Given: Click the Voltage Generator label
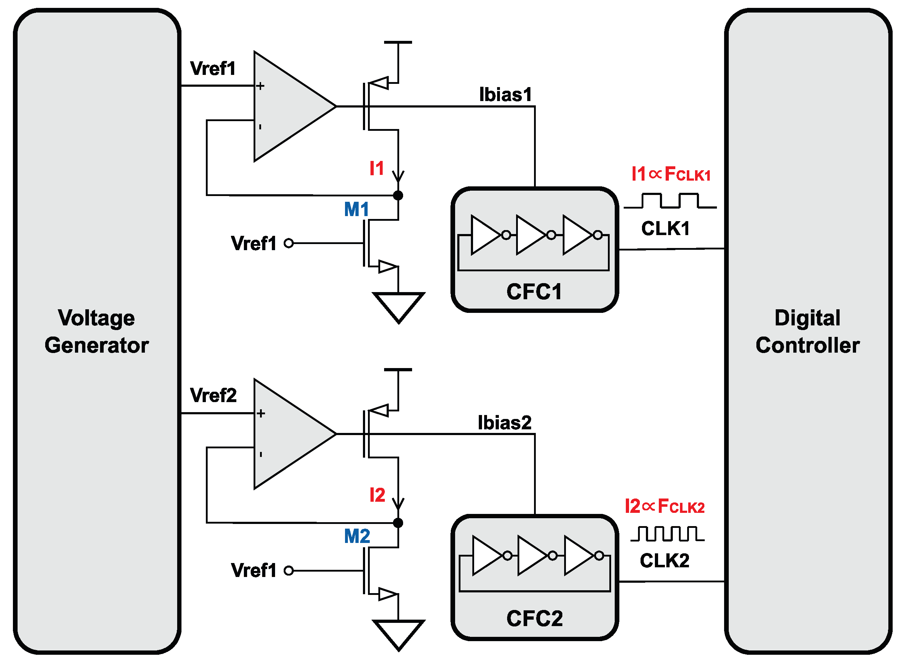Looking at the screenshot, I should (96, 331).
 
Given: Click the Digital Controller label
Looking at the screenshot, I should (807, 331).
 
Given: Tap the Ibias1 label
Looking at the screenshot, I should (505, 95).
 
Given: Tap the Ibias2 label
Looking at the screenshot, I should (504, 423).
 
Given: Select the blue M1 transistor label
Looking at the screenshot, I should (356, 210).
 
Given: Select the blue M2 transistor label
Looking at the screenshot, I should (357, 536).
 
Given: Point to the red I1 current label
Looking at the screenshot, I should (377, 168).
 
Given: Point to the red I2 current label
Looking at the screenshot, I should (377, 495).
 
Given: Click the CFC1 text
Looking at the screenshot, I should (534, 292).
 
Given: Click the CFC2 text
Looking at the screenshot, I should (534, 619).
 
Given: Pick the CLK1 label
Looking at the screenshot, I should (665, 229).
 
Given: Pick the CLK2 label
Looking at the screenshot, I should (665, 561).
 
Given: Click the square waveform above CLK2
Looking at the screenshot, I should (667, 534).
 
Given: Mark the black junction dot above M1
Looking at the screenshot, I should (398, 195).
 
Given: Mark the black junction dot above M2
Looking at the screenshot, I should (398, 523).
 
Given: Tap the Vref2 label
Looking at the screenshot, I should (213, 396).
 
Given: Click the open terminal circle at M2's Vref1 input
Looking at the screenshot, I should (289, 571).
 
